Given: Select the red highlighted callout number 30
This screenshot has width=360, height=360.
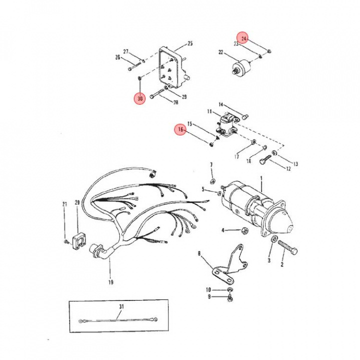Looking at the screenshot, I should (x=140, y=98).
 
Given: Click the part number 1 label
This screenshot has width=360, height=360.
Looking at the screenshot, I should (x=260, y=178).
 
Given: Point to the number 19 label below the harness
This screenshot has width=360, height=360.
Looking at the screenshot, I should (x=110, y=282).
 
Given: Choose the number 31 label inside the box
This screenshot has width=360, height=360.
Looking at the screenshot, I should (x=121, y=306).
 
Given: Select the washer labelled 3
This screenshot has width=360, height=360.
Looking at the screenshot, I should (x=274, y=241).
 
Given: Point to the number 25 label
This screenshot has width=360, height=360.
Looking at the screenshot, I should (x=190, y=43).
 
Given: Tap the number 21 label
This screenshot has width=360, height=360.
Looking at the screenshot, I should (x=64, y=204).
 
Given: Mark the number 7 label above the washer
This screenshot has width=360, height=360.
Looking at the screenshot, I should (x=211, y=164).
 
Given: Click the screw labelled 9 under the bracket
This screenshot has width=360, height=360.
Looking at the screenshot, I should (x=230, y=297).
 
